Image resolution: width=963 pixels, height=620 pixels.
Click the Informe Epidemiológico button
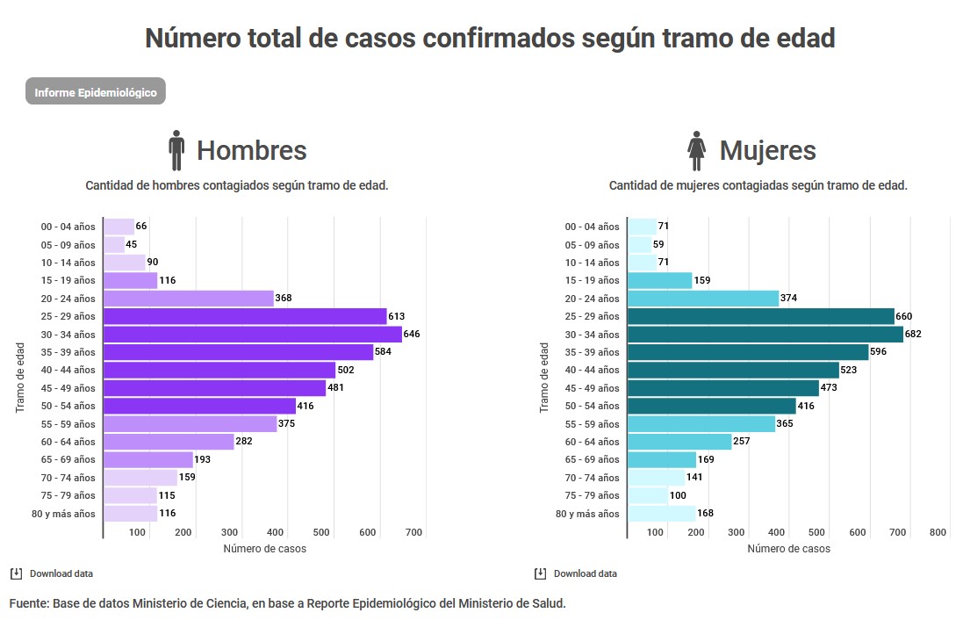point(96,92)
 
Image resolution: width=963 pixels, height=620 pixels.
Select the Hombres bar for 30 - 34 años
point(253,335)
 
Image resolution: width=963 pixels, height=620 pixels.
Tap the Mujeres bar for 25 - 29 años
point(760,316)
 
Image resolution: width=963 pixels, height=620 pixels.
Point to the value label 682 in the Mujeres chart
point(913,335)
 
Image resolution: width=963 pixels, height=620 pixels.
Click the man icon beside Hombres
point(176,150)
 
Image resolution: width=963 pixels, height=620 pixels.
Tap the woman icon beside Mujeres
point(697,150)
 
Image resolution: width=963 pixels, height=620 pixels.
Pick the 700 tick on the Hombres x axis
point(414,532)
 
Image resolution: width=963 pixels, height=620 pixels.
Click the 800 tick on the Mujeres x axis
point(938,532)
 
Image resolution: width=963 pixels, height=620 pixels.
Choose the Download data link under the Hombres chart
point(61,574)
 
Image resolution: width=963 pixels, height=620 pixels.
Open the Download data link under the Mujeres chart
point(585,574)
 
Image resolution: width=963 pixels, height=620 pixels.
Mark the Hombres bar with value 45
point(114,245)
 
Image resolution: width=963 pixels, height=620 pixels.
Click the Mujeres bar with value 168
point(661,514)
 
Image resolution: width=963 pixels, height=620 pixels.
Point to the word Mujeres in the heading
point(767,150)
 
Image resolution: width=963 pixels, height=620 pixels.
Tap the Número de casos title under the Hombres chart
point(264,549)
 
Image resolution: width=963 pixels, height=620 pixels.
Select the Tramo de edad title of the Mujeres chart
point(544,378)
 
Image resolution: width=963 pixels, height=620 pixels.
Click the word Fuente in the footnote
point(28,603)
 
